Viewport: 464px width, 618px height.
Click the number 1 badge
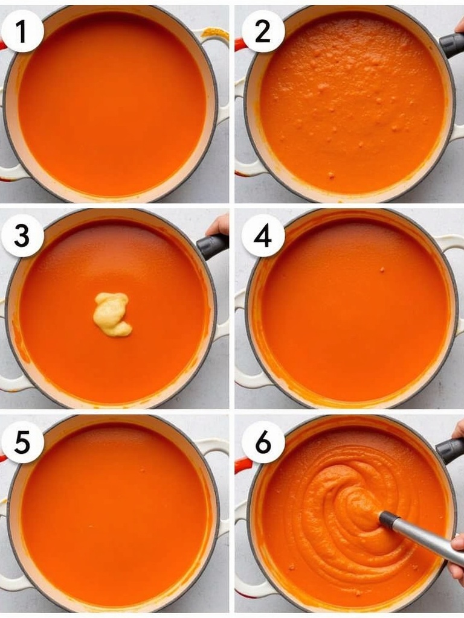22,31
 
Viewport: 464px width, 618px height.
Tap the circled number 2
263,31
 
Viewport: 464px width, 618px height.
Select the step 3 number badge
22,236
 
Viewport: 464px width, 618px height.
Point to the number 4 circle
263,236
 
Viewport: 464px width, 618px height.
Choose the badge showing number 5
22,442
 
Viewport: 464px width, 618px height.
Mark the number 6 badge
263,442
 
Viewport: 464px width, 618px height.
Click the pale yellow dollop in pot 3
112,314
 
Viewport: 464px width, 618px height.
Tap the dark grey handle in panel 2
452,45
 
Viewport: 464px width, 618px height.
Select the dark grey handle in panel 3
213,246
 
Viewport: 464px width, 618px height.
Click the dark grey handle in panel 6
450,450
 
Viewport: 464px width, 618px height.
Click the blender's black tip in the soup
386,518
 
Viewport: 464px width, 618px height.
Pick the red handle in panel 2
240,43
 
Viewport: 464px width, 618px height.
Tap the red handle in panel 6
242,465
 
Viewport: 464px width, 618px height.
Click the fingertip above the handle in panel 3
218,225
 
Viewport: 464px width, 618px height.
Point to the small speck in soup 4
382,270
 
